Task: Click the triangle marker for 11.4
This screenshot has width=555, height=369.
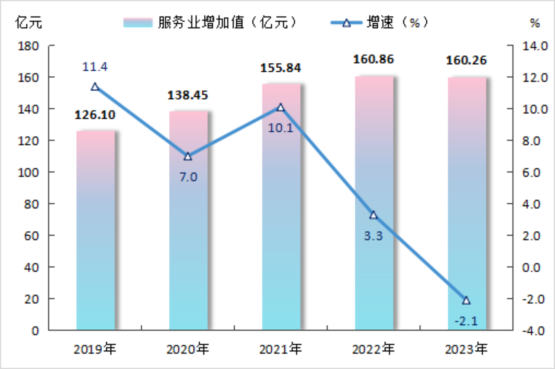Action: pyautogui.click(x=95, y=87)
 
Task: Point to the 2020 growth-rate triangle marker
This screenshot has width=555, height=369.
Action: pyautogui.click(x=188, y=156)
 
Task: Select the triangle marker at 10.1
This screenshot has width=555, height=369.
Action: pyautogui.click(x=280, y=107)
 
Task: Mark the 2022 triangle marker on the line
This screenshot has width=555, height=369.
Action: pyautogui.click(x=373, y=215)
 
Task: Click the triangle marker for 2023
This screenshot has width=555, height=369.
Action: pyautogui.click(x=466, y=301)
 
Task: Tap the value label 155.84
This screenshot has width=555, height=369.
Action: pyautogui.click(x=280, y=68)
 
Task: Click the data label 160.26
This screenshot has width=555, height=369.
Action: pyautogui.click(x=466, y=60)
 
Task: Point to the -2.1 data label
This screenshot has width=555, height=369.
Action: pyautogui.click(x=466, y=321)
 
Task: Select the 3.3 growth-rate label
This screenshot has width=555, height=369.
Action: pyautogui.click(x=373, y=236)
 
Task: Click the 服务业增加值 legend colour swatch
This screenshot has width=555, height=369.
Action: pyautogui.click(x=138, y=23)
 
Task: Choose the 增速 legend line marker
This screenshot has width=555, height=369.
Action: pyautogui.click(x=346, y=23)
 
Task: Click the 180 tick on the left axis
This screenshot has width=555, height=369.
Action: pyautogui.click(x=28, y=46)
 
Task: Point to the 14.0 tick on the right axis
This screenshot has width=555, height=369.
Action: pyautogui.click(x=535, y=46)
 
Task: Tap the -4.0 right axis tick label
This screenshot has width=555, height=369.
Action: pyautogui.click(x=534, y=331)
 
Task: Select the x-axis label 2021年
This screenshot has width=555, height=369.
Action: pyautogui.click(x=280, y=349)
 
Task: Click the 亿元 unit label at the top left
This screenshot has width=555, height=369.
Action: pyautogui.click(x=28, y=23)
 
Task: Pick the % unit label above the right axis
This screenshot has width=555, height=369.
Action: pyautogui.click(x=535, y=23)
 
